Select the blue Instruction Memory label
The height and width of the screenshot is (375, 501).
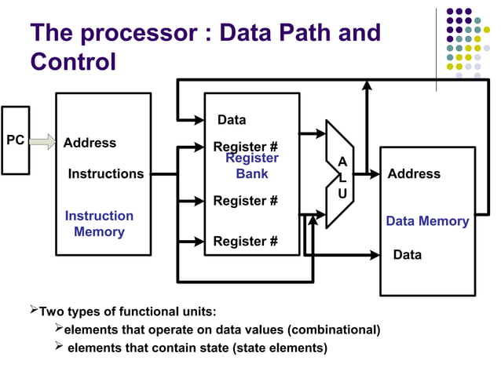coord(99,224)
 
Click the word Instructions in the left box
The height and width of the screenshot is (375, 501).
coord(106,173)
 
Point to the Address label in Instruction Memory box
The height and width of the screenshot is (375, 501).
coord(90,143)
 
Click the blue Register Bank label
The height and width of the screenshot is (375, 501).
coord(252,166)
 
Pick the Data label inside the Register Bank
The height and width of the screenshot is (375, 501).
coord(231,120)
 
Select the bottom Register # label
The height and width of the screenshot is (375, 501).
coord(245,241)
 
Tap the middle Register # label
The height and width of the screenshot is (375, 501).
coord(245,201)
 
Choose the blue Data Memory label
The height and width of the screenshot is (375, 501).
coord(427,221)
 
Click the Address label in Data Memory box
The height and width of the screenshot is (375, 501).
coord(414,173)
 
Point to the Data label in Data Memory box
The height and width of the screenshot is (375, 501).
coord(407,255)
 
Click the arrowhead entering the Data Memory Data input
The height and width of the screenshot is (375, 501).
coord(375,255)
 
